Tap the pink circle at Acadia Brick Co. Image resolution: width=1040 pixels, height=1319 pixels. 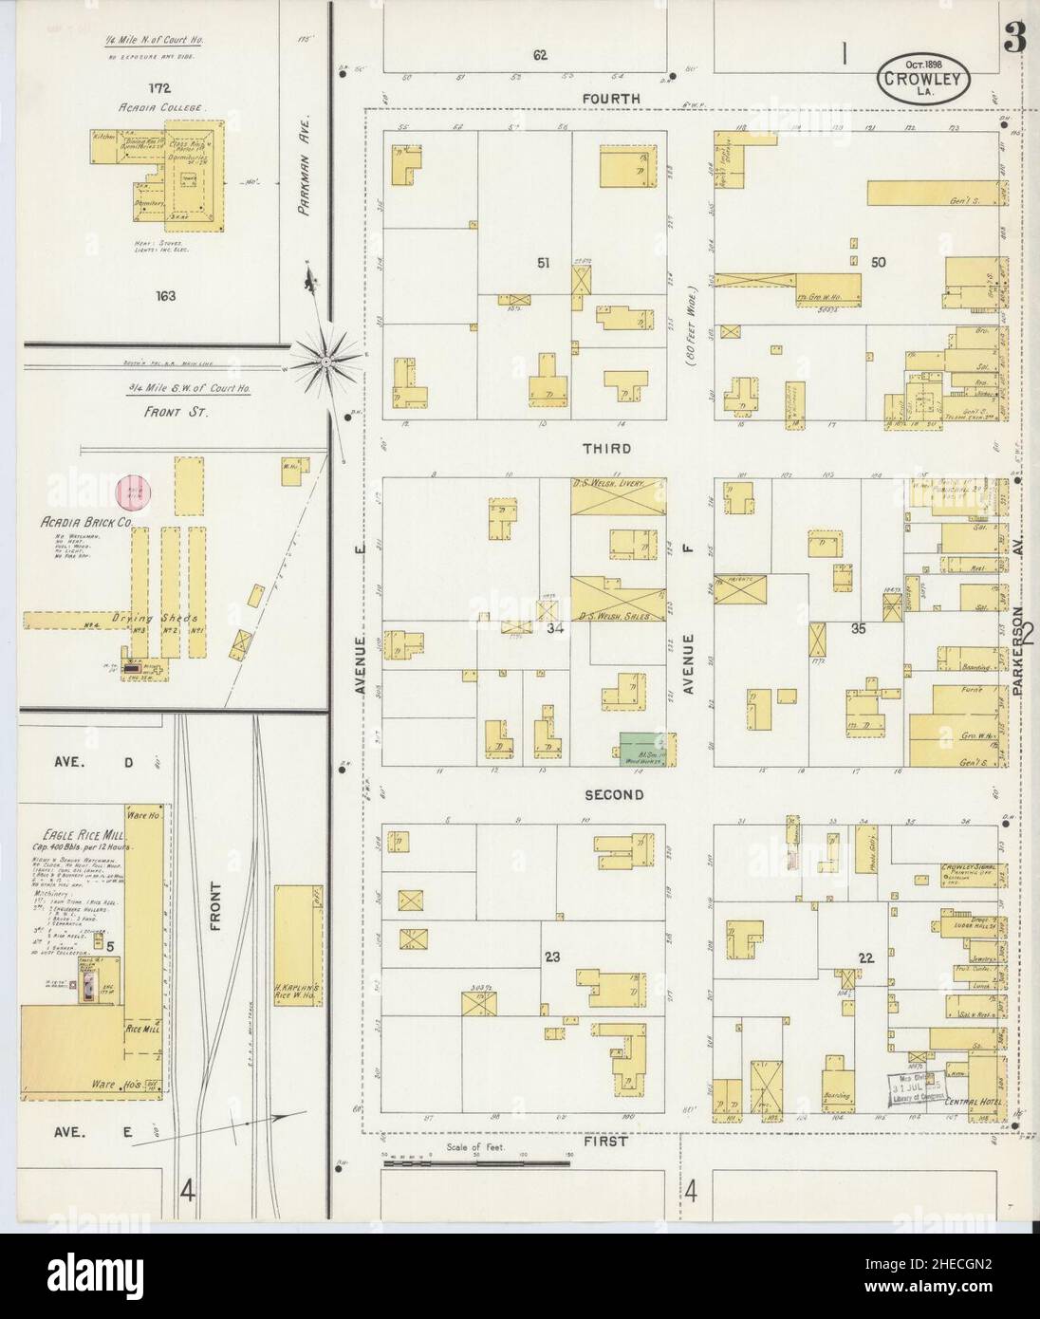132,491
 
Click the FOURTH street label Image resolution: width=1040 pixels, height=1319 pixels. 611,99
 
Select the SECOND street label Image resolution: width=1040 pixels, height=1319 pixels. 613,795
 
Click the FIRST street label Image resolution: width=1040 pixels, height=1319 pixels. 604,1142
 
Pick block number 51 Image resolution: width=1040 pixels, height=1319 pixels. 542,263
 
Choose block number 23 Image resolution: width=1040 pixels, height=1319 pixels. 552,957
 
